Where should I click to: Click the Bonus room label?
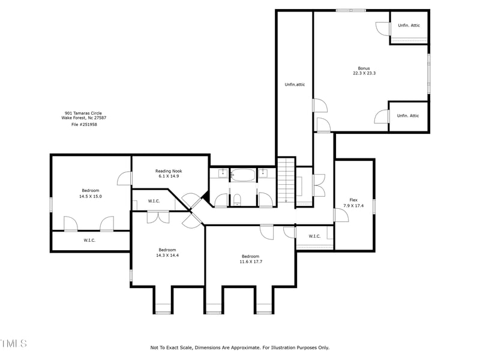pyautogui.click(x=364, y=68)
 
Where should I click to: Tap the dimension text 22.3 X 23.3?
pyautogui.click(x=364, y=73)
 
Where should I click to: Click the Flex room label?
pyautogui.click(x=353, y=200)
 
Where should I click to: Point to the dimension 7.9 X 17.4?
pyautogui.click(x=353, y=205)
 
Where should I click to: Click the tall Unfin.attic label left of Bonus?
pyautogui.click(x=295, y=85)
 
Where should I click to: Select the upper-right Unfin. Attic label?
pyautogui.click(x=408, y=25)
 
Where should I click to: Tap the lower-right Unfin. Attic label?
pyautogui.click(x=408, y=115)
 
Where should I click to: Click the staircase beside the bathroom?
pyautogui.click(x=287, y=180)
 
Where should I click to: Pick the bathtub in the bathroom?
pyautogui.click(x=243, y=175)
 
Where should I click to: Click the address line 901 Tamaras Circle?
pyautogui.click(x=83, y=113)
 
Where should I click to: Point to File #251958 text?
pyautogui.click(x=84, y=124)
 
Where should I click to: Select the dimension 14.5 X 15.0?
pyautogui.click(x=91, y=196)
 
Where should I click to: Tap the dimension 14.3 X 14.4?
pyautogui.click(x=167, y=255)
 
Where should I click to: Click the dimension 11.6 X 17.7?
pyautogui.click(x=250, y=261)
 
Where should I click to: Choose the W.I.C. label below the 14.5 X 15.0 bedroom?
pyautogui.click(x=89, y=240)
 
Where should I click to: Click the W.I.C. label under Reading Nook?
pyautogui.click(x=154, y=201)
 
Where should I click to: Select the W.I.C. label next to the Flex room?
pyautogui.click(x=314, y=236)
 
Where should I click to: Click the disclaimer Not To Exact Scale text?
pyautogui.click(x=239, y=347)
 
